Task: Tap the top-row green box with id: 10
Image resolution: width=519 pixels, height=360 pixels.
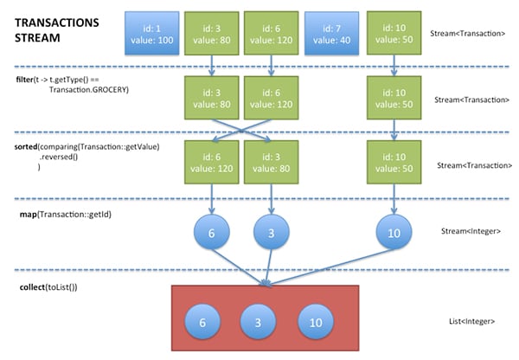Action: tap(395, 32)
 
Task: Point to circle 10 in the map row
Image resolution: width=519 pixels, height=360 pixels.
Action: tap(395, 234)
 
